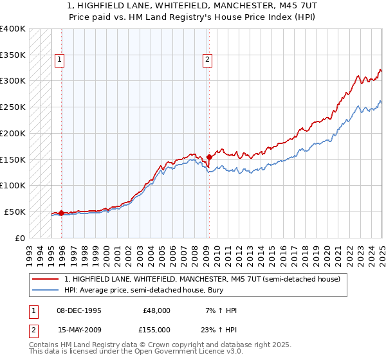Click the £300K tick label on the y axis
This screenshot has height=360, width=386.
pos(13,81)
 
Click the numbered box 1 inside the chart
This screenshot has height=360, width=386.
pos(59,60)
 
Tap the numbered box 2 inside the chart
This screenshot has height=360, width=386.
pos(207,60)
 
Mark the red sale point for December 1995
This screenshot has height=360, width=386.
pos(61,213)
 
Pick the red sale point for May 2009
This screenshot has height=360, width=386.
pos(209,157)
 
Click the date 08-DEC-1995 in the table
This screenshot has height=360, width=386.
pos(79,310)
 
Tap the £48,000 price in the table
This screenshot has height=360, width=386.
pos(156,310)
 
